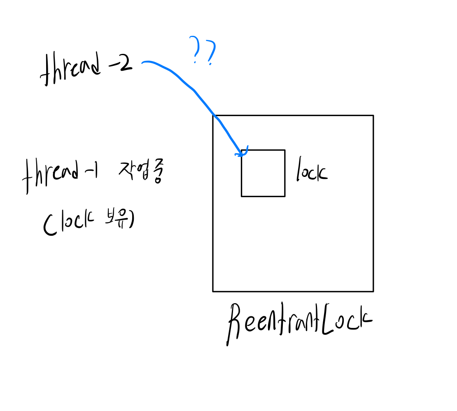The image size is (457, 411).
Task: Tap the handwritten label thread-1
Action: (60, 176)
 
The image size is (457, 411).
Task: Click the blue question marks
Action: (203, 51)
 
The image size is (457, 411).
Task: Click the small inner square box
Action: (263, 173)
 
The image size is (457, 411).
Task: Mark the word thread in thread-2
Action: (70, 71)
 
